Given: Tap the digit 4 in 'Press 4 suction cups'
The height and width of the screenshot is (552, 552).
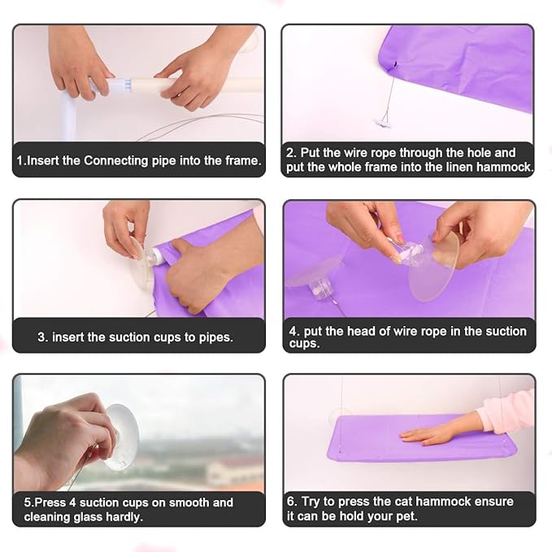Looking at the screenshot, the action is tap(72, 502).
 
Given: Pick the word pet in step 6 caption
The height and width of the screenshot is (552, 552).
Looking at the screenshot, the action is tap(408, 517).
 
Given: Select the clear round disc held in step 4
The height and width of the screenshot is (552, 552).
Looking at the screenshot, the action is tap(434, 267).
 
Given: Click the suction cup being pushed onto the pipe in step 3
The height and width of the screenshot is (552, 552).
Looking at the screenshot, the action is tap(141, 263).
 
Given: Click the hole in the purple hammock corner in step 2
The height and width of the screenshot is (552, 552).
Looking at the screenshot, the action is tap(394, 65).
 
